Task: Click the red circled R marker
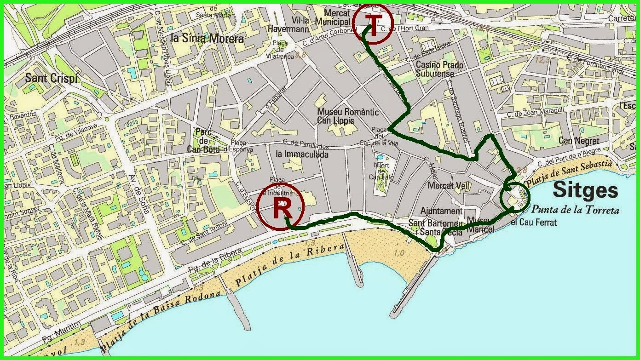[281, 209]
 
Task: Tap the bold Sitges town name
[585, 189]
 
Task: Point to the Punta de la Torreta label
[575, 210]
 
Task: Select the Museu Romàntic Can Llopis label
[342, 116]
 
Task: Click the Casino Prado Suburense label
[439, 69]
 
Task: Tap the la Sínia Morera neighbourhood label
[207, 38]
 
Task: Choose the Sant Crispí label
[52, 78]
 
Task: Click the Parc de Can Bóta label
[203, 140]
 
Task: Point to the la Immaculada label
[302, 154]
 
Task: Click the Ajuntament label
[441, 211]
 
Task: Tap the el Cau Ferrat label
[534, 223]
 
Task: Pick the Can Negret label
[579, 141]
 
